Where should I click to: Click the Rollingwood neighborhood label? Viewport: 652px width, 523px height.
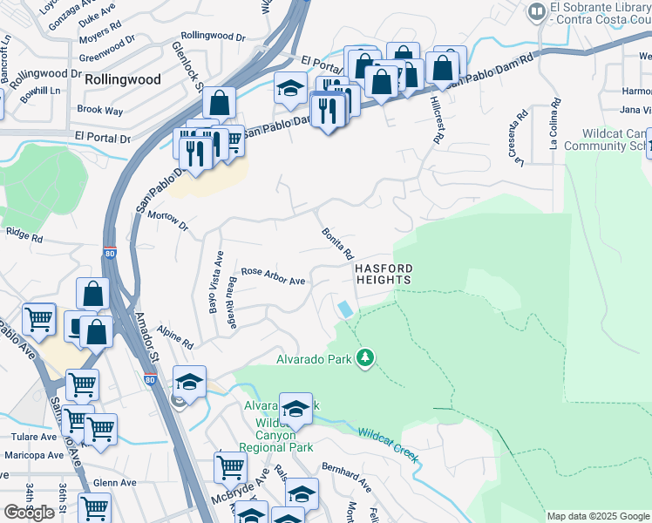123,79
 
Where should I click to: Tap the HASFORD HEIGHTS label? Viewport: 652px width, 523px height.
383,274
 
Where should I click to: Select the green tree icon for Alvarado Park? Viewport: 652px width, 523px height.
365,358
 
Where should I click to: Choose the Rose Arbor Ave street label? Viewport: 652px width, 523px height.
273,275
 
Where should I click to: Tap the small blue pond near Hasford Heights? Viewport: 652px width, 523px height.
346,309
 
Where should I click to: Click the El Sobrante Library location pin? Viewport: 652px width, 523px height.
536,12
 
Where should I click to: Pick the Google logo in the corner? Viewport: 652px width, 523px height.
29,513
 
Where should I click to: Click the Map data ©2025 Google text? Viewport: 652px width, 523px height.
597,516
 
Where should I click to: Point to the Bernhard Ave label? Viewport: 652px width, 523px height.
347,475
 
